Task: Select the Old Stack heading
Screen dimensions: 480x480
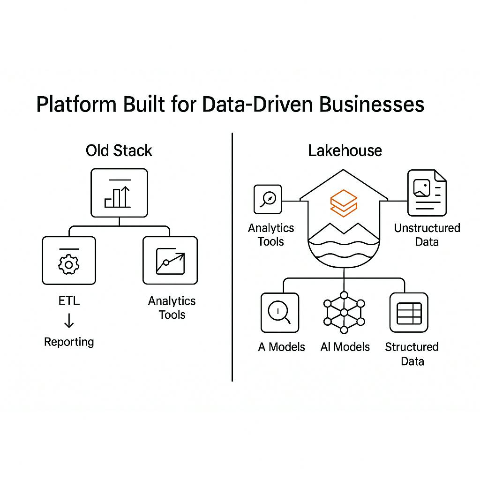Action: pyautogui.click(x=119, y=150)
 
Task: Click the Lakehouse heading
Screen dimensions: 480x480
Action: pyautogui.click(x=345, y=150)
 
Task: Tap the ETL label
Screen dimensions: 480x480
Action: pyautogui.click(x=69, y=300)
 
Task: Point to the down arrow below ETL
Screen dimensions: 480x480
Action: pyautogui.click(x=69, y=321)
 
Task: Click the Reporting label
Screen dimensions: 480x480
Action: pyautogui.click(x=69, y=342)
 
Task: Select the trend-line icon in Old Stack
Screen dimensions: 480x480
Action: pyautogui.click(x=170, y=261)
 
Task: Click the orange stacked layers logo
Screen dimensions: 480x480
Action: pyautogui.click(x=344, y=203)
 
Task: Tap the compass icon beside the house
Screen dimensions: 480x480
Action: pyautogui.click(x=268, y=199)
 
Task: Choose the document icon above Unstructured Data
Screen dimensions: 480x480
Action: pyautogui.click(x=427, y=192)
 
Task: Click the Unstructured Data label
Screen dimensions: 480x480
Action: pyautogui.click(x=427, y=235)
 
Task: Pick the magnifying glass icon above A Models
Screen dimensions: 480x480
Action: pyautogui.click(x=280, y=313)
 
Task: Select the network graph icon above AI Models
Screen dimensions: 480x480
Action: pyautogui.click(x=344, y=312)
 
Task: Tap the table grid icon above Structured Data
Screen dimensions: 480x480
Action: pyautogui.click(x=409, y=313)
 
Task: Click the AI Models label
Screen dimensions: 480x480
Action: pyautogui.click(x=345, y=347)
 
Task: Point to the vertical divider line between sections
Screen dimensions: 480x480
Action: pyautogui.click(x=232, y=258)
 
